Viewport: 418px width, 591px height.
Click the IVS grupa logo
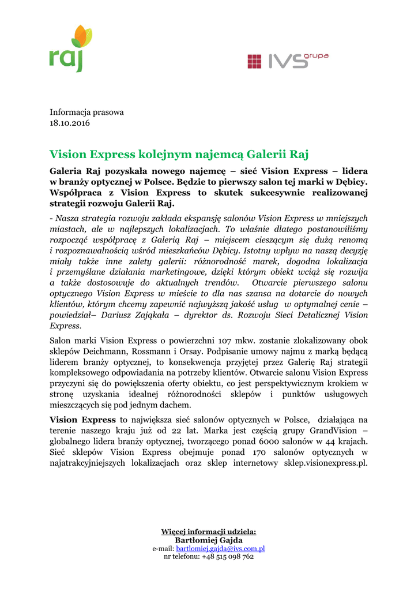click(x=287, y=60)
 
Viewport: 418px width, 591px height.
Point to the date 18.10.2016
click(x=70, y=123)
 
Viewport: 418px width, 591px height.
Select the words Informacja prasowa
click(x=86, y=112)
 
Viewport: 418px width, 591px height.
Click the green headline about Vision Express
click(x=179, y=154)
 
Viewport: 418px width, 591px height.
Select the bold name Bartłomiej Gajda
click(x=209, y=540)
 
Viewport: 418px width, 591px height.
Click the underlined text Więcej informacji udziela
click(x=209, y=531)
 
